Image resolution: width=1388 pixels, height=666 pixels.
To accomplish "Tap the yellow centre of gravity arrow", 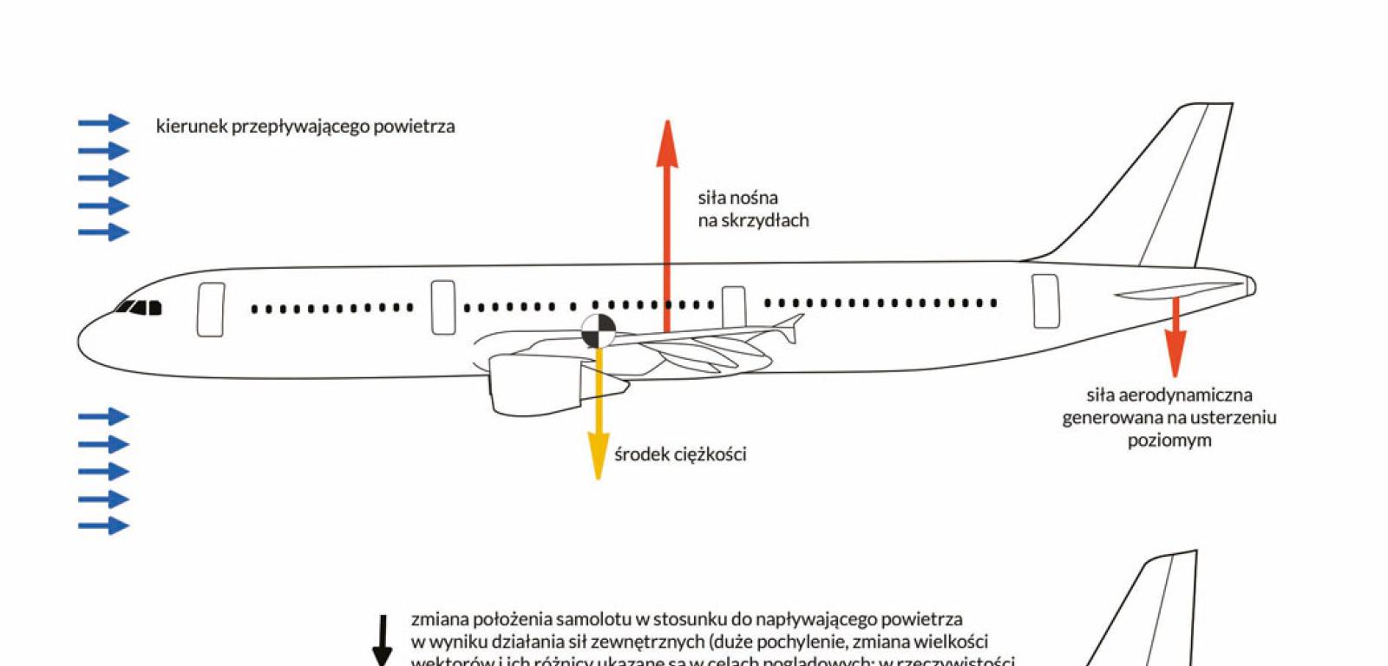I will click(x=598, y=416).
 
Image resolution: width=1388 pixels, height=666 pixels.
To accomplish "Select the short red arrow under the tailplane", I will click(x=1175, y=338).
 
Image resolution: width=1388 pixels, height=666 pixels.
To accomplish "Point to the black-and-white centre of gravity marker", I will click(x=598, y=330).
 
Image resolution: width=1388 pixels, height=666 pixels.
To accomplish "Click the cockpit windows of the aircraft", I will click(x=141, y=307).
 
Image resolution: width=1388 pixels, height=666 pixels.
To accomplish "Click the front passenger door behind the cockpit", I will click(x=210, y=310).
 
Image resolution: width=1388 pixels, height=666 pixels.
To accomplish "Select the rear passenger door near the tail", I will click(x=1045, y=301).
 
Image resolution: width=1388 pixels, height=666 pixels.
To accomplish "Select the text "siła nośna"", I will click(x=737, y=198).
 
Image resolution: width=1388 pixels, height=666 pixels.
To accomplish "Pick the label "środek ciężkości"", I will click(x=680, y=454).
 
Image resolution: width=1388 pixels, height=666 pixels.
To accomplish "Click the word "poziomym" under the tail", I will click(x=1169, y=441).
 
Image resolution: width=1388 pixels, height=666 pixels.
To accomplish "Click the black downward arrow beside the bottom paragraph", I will click(x=382, y=642).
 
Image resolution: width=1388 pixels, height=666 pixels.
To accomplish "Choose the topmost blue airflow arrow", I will click(x=104, y=123).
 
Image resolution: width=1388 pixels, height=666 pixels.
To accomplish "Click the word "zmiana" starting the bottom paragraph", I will click(x=440, y=620).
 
